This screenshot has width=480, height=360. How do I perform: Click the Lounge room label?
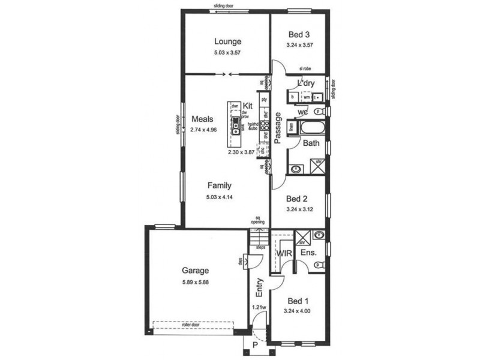coord(227,41)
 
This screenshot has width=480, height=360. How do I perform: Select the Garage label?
coord(196,270)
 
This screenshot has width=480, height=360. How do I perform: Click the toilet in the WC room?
coord(321,112)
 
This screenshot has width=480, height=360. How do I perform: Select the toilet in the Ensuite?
coord(321,265)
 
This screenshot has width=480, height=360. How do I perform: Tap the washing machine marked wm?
coord(306,96)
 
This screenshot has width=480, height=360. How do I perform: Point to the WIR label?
coord(284,253)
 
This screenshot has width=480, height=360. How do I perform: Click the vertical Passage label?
coord(278,128)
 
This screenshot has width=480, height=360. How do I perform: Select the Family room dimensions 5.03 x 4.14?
coord(220,196)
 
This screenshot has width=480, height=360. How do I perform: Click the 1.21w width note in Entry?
coord(260,308)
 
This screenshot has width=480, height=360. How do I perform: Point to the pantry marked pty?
coord(263,97)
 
